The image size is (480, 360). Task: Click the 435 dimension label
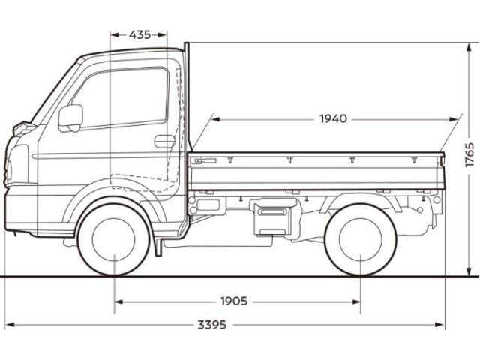click(139, 34)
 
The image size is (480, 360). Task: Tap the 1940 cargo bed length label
click(333, 118)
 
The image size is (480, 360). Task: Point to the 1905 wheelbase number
click(234, 301)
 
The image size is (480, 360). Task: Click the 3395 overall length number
click(213, 325)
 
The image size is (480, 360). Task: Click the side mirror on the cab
click(70, 117)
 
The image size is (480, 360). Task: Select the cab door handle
click(164, 141)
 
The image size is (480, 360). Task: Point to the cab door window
click(124, 97)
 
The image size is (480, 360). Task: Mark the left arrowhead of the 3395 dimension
click(9, 325)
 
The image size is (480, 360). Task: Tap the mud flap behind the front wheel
click(157, 240)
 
